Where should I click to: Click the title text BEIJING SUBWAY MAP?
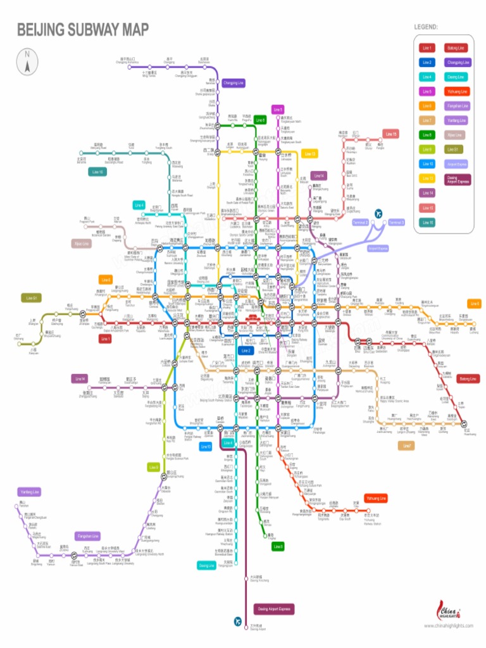point(83,29)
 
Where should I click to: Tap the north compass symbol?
point(28,60)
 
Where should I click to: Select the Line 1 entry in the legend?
point(427,47)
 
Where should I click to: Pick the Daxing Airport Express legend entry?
point(457,179)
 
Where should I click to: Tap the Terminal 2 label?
point(360,223)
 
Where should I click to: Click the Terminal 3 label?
point(396,223)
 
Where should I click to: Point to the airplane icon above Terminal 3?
point(378,213)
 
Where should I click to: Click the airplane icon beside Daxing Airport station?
point(238,623)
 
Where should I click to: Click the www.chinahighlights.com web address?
point(449,626)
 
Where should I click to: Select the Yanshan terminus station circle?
point(23,511)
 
